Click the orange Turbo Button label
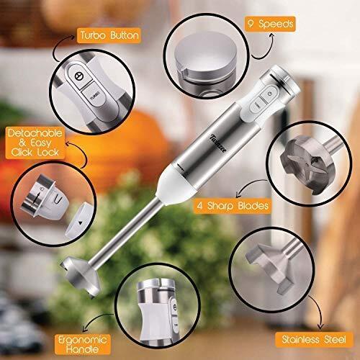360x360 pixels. (109, 35)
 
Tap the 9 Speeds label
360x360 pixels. (270, 24)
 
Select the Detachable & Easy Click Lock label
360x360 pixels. (35, 143)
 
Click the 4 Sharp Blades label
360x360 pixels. (233, 206)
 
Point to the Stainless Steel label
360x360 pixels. (314, 340)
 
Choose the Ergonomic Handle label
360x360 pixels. (83, 344)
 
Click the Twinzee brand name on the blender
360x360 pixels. (218, 143)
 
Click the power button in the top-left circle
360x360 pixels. (79, 76)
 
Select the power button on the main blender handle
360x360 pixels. (270, 94)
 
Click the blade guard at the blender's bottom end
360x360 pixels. (81, 276)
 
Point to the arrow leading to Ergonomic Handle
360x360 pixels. (96, 319)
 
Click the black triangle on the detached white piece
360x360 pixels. (81, 223)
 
